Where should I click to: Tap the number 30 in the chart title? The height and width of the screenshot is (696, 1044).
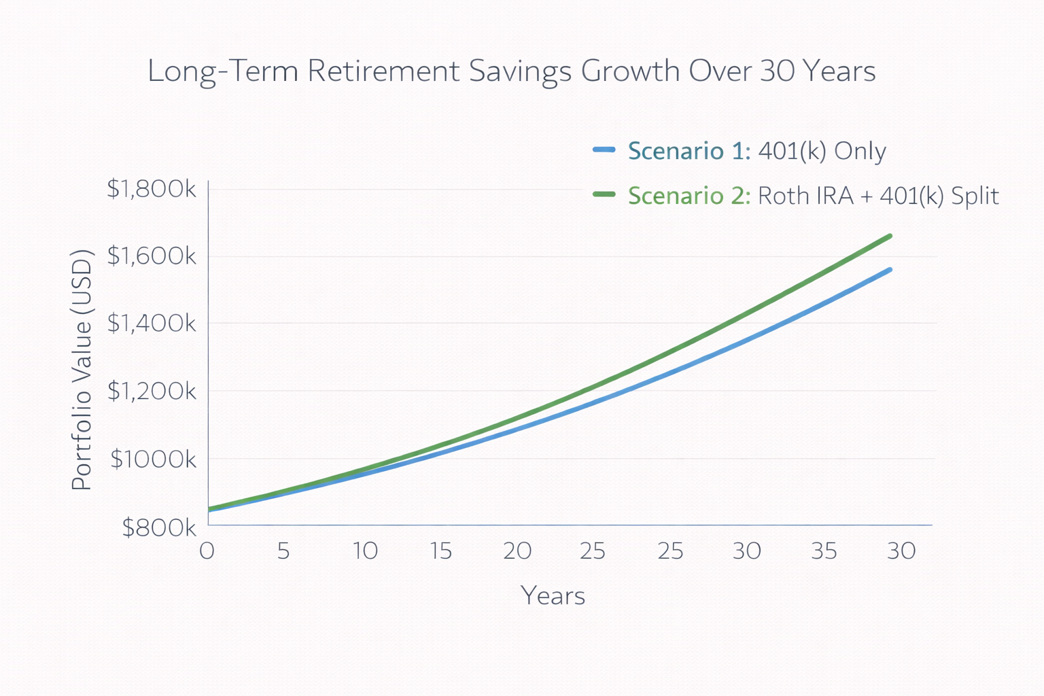coord(777,71)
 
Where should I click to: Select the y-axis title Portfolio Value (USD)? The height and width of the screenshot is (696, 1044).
coord(82,370)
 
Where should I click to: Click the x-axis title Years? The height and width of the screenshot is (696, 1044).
coord(553,596)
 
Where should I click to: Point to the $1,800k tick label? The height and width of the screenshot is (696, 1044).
coord(151,189)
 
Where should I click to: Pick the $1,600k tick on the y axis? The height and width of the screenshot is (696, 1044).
coord(151,256)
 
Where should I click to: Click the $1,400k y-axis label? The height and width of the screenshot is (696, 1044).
coord(151,323)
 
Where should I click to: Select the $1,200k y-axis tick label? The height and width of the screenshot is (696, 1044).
coord(151,391)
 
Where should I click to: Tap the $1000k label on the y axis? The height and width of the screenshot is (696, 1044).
coord(153,459)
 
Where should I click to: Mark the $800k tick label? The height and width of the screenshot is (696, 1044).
coord(159,527)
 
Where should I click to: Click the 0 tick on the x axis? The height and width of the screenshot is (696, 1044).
coord(207,551)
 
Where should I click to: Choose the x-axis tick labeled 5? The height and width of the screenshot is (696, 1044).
coord(283,551)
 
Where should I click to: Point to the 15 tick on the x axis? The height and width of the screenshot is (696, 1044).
coord(441,551)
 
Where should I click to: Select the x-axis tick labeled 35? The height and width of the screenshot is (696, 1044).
coord(824,551)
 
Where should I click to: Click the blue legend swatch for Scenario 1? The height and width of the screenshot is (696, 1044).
coord(604,150)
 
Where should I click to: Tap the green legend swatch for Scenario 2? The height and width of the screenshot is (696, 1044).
coord(604,194)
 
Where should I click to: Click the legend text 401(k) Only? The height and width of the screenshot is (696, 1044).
coord(822,151)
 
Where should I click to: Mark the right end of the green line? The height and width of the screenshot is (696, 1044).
coord(890,237)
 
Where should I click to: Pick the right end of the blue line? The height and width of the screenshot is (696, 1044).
coord(890,270)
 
